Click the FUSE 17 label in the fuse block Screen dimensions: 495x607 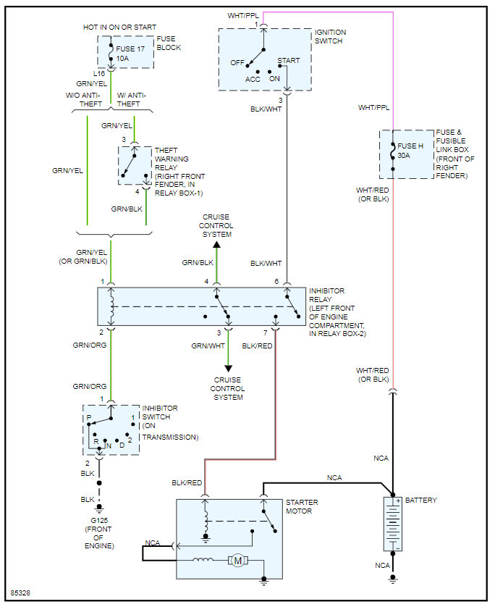130,49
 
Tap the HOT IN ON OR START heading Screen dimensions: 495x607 119,28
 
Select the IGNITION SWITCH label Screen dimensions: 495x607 330,36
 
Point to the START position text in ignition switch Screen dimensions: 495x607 289,61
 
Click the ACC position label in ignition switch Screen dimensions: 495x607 253,80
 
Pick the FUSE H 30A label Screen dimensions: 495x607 410,151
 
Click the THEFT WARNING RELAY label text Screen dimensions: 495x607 172,159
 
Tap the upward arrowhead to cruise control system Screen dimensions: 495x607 217,245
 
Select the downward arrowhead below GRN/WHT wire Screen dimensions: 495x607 229,369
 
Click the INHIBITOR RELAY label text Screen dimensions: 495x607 326,295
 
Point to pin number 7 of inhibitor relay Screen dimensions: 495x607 266,333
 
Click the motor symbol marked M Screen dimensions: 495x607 238,560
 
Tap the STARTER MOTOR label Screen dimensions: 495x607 302,506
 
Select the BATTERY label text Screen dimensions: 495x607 420,500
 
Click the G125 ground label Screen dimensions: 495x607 99,521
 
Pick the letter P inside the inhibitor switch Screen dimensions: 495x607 89,417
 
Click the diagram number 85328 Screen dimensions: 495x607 20,593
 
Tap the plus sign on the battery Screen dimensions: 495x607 398,501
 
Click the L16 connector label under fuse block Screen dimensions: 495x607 99,74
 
